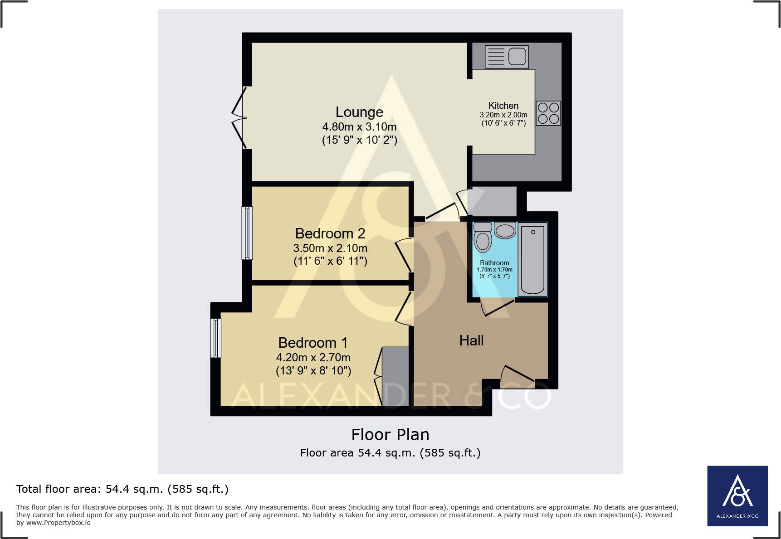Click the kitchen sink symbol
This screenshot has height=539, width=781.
point(507,57)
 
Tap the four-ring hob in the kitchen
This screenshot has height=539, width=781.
point(548,113)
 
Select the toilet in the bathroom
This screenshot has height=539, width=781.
point(483,237)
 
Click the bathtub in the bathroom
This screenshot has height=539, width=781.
point(532,259)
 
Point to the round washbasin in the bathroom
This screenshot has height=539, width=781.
point(505,231)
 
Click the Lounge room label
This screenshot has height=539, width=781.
point(359,112)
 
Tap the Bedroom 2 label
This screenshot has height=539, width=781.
point(330,233)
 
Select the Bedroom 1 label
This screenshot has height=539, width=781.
point(313,343)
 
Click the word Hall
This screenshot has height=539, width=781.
point(471,340)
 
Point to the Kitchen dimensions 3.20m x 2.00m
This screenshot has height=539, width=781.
point(503,115)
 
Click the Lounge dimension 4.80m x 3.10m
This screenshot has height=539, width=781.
point(359,127)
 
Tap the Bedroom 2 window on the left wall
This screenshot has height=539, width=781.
point(247,233)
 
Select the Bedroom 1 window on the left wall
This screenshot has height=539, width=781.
point(216,338)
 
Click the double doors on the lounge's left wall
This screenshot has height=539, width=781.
point(239,118)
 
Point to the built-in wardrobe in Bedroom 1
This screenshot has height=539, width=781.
point(395,376)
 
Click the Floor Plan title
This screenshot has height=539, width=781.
point(390,435)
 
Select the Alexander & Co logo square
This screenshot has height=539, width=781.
point(737,496)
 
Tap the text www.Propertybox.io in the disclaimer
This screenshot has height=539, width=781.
point(58,523)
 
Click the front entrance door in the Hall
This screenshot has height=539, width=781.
point(517,374)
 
